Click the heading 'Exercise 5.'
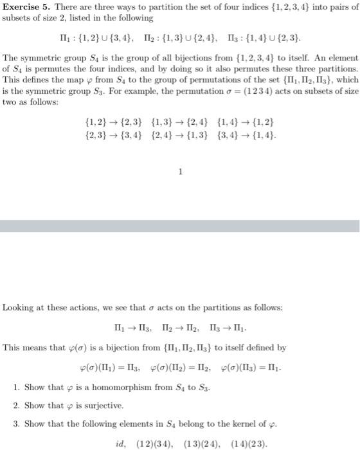click(x=25, y=8)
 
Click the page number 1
click(x=181, y=171)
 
